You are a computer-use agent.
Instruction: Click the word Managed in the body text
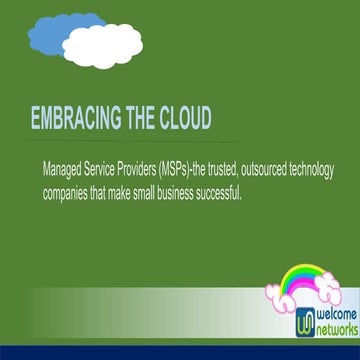[64, 169]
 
